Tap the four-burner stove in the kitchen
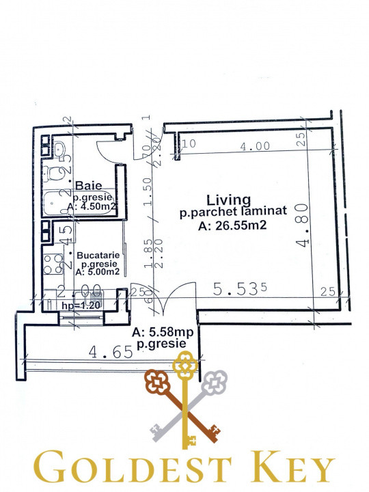[x=51, y=263]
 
